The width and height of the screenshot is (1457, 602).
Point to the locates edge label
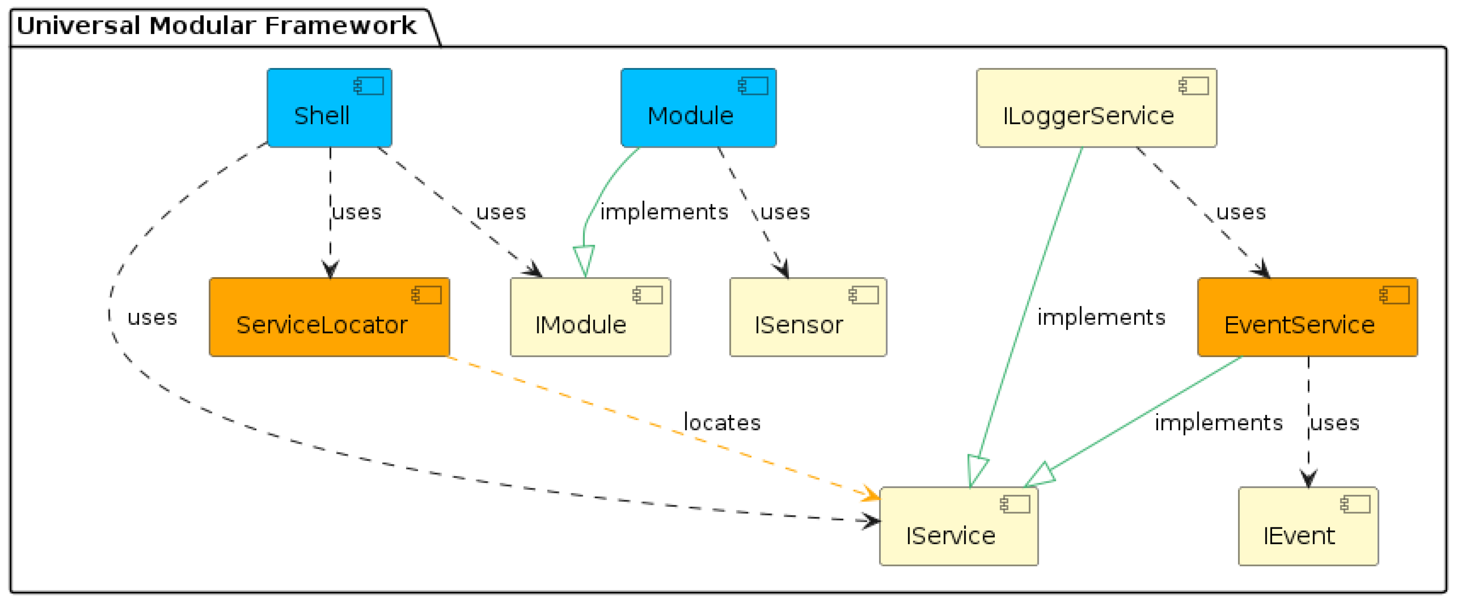[722, 422]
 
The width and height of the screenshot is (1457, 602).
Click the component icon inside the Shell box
[369, 86]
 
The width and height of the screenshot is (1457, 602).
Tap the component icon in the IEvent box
[1355, 504]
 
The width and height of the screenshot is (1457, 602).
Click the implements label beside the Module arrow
[664, 212]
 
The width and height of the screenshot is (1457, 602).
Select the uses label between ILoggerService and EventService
[1240, 212]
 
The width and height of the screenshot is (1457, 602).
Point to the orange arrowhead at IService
[872, 495]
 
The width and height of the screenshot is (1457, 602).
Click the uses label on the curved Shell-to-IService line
[151, 317]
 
